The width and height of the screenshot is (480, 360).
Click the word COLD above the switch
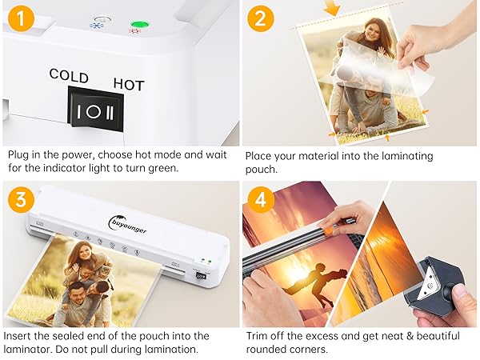69,74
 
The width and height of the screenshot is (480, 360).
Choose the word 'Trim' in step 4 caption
257,336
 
